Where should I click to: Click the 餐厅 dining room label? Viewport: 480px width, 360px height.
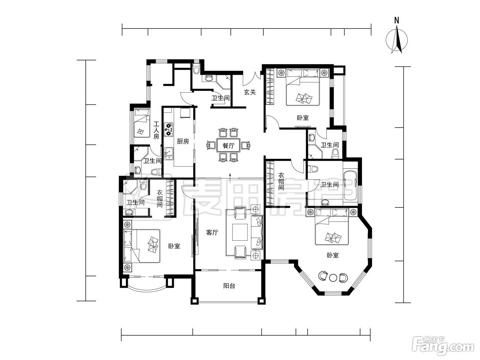(x=229, y=146)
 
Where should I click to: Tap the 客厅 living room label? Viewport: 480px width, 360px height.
(x=212, y=232)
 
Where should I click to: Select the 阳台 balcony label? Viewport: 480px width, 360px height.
(x=229, y=286)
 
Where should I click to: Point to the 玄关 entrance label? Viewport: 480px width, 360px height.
(x=250, y=92)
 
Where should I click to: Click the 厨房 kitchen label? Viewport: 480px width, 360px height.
(x=183, y=141)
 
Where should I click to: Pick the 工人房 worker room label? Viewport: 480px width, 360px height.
(x=156, y=130)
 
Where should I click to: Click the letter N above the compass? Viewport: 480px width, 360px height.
(x=396, y=21)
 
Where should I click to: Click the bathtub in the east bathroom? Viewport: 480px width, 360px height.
(x=350, y=185)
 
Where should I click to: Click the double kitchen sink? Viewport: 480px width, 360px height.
(x=168, y=154)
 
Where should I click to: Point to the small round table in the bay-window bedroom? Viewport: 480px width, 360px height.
(x=333, y=278)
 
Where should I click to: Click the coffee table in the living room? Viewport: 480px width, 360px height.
(x=240, y=232)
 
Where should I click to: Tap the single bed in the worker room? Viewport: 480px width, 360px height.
(x=142, y=123)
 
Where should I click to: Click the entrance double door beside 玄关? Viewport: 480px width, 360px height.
(x=252, y=79)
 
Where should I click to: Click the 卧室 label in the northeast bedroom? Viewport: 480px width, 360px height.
(x=303, y=118)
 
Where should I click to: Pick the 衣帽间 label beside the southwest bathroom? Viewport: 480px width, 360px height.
(x=159, y=199)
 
